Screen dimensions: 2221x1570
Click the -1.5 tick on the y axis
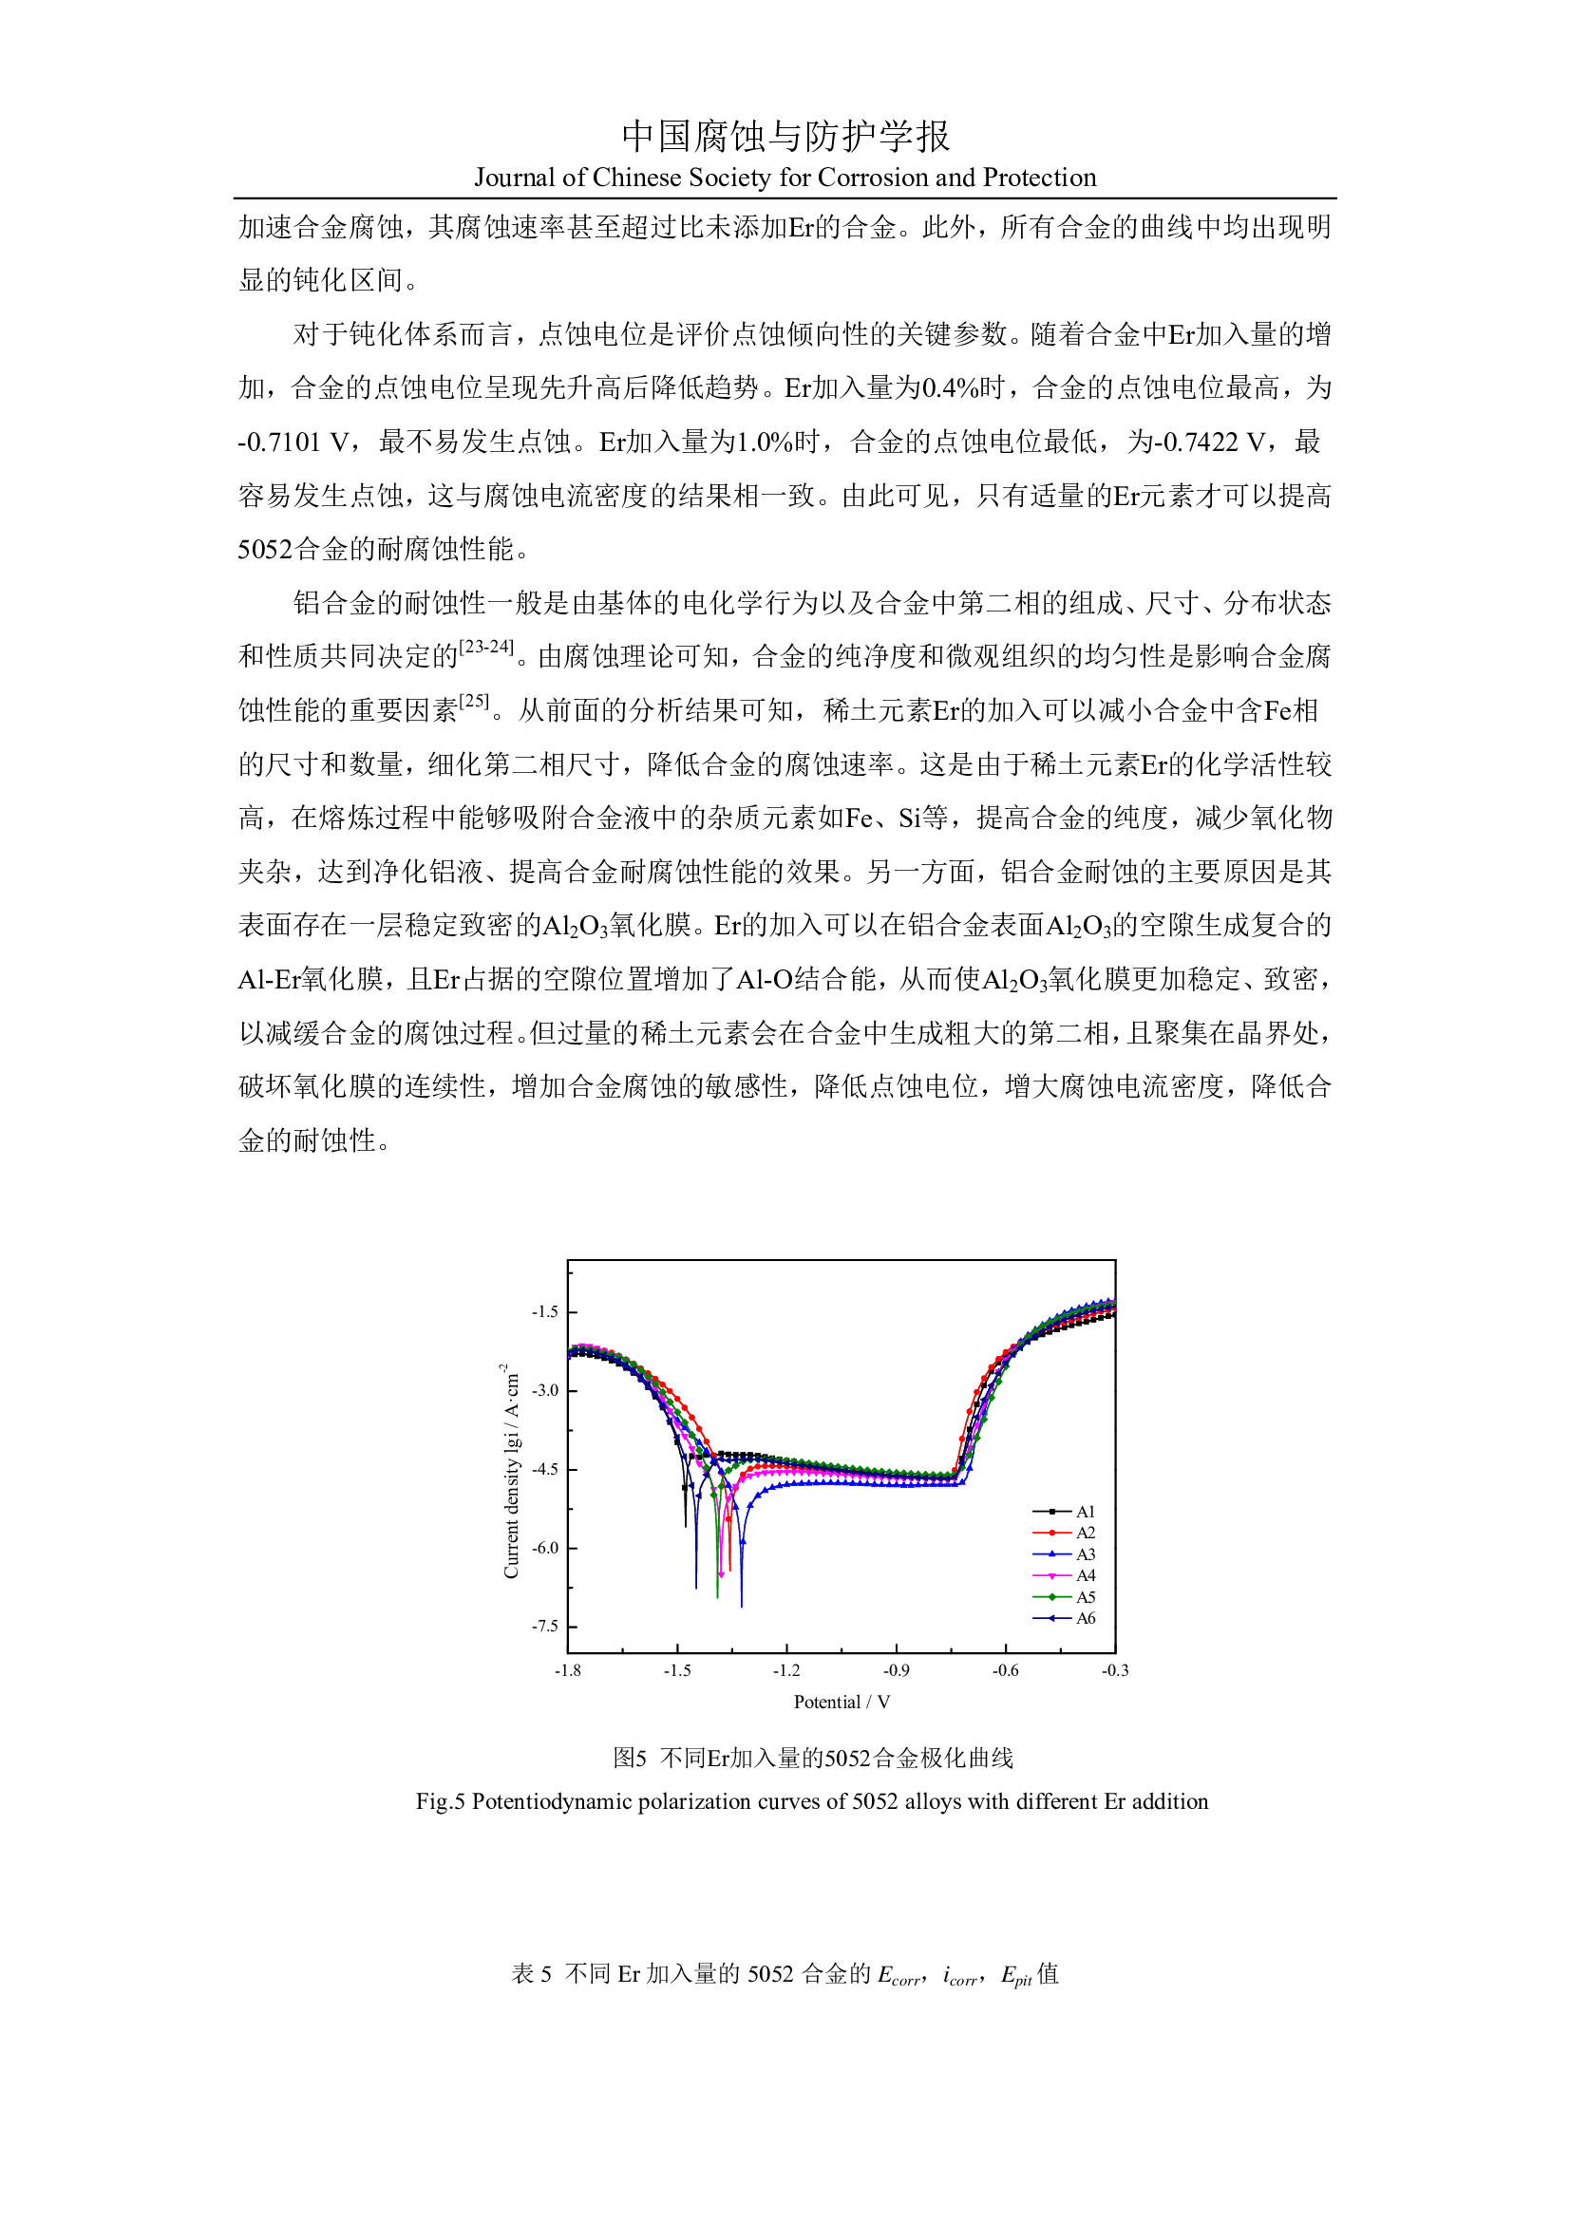(544, 1311)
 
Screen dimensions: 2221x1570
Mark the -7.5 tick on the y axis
(544, 1626)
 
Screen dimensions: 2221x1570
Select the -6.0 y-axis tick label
(544, 1548)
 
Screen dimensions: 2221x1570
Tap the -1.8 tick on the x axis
(568, 1670)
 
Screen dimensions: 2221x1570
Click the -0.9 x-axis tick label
(896, 1670)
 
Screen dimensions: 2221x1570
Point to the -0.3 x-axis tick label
(1114, 1670)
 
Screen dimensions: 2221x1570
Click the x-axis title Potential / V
(842, 1703)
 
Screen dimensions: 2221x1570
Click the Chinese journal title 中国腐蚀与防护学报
(785, 137)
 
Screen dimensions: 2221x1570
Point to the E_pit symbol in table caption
(1015, 1975)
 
